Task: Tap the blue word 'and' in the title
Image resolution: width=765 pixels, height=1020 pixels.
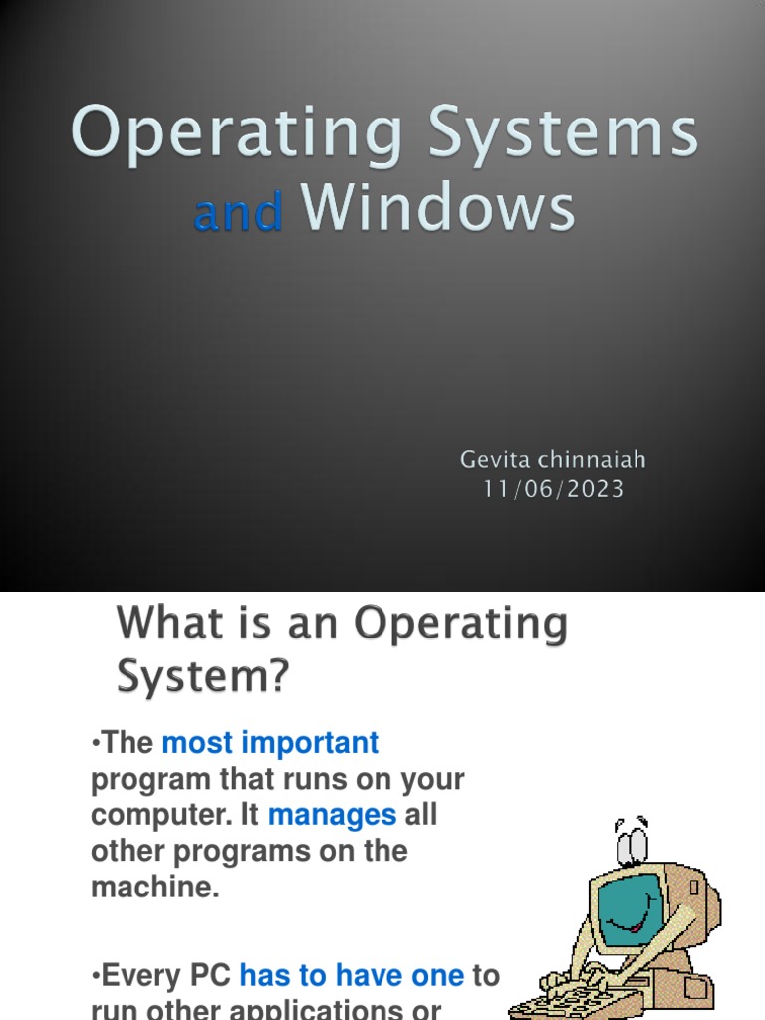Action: point(238,213)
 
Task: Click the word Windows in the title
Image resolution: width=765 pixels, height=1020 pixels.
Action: point(438,209)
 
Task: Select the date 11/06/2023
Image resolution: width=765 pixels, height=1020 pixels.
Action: point(553,489)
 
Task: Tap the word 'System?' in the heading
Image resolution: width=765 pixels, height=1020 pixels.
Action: point(203,678)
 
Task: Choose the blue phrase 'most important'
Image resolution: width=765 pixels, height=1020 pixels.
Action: point(270,743)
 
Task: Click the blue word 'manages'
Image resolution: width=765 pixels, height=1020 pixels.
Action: point(332,815)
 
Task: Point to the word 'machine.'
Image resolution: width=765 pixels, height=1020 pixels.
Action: point(154,887)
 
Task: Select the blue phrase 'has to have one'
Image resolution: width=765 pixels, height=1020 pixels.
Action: point(352,975)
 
